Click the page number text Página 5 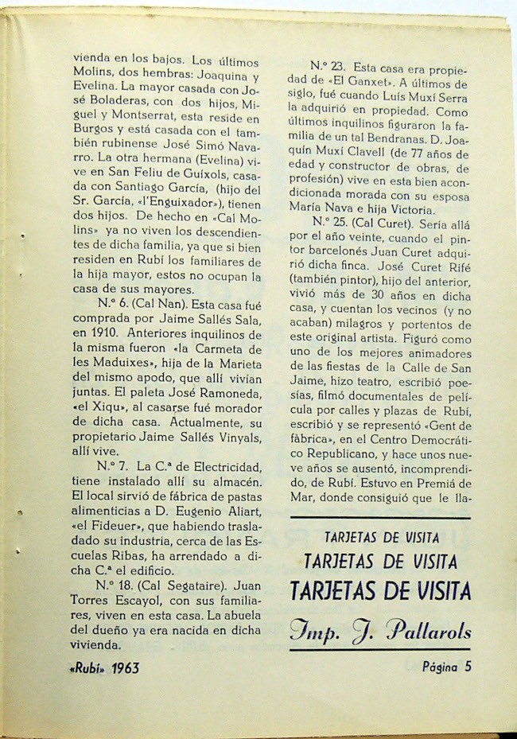446,667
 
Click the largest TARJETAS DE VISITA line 379,591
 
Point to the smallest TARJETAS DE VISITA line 379,538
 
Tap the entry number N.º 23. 326,67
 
